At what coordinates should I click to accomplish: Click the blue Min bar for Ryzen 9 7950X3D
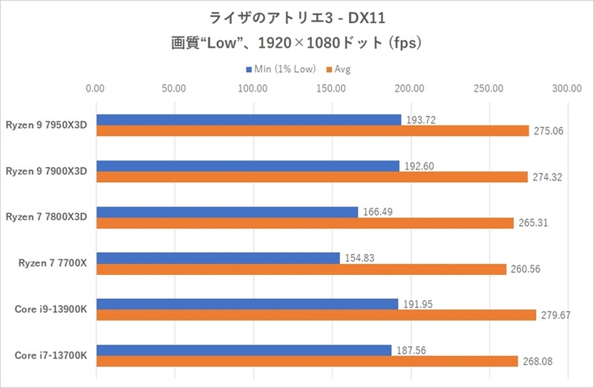pyautogui.click(x=249, y=120)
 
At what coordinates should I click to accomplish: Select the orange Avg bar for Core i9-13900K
pyautogui.click(x=316, y=315)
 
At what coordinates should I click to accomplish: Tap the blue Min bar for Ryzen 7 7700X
pyautogui.click(x=217, y=258)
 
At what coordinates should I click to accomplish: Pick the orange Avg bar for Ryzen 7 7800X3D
pyautogui.click(x=304, y=223)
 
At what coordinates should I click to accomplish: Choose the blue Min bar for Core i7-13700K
pyautogui.click(x=243, y=350)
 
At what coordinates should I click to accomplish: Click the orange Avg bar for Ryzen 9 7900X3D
pyautogui.click(x=311, y=177)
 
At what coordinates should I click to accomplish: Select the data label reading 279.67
pyautogui.click(x=554, y=315)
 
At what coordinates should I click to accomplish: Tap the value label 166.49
pyautogui.click(x=377, y=212)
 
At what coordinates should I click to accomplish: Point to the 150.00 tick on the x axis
pyautogui.click(x=330, y=88)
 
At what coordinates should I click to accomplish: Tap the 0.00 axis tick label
pyautogui.click(x=95, y=88)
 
